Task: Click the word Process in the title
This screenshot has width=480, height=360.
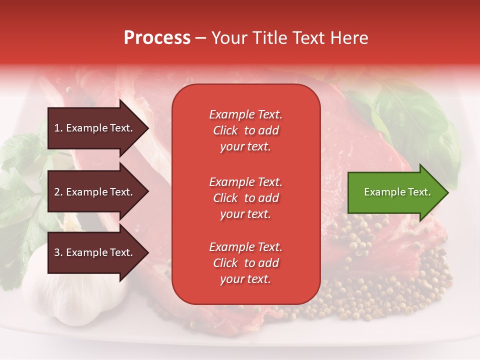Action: [x=157, y=38]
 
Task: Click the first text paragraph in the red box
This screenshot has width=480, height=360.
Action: [x=245, y=130]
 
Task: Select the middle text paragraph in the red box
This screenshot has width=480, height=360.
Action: [x=245, y=198]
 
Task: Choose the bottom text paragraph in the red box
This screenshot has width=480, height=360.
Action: [x=245, y=263]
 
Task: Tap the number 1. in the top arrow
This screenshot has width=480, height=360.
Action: [x=58, y=128]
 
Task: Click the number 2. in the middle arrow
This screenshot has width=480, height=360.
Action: [x=58, y=192]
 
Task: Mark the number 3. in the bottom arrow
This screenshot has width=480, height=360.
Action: [x=58, y=252]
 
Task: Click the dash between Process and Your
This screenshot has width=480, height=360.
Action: [x=200, y=38]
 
